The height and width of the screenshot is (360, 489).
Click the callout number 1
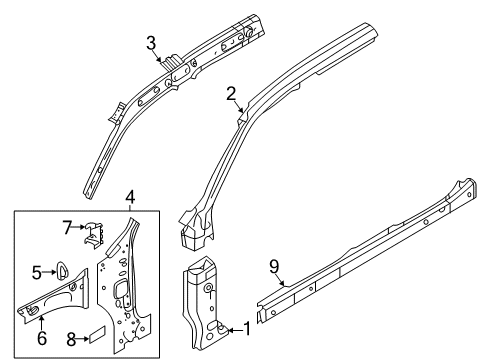(x=247, y=329)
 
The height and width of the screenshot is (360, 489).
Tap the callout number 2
(x=231, y=94)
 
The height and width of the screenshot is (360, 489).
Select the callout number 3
(x=151, y=43)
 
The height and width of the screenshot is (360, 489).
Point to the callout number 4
(x=130, y=197)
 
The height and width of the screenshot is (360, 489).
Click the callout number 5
(x=37, y=273)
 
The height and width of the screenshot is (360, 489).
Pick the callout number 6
(x=42, y=338)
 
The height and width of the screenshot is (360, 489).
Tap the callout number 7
(x=67, y=228)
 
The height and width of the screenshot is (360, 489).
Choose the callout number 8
(x=72, y=340)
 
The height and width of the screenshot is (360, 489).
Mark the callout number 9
(x=274, y=267)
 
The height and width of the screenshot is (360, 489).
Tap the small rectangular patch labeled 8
(x=97, y=334)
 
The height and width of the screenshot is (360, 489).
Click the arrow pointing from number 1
(x=235, y=330)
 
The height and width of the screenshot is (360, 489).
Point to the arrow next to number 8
(x=83, y=339)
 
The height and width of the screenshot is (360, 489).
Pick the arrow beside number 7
(x=79, y=227)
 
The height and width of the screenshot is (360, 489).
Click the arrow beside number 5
(x=49, y=272)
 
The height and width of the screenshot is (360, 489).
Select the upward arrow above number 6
(x=41, y=323)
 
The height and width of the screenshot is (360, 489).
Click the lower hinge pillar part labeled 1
(x=204, y=303)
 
